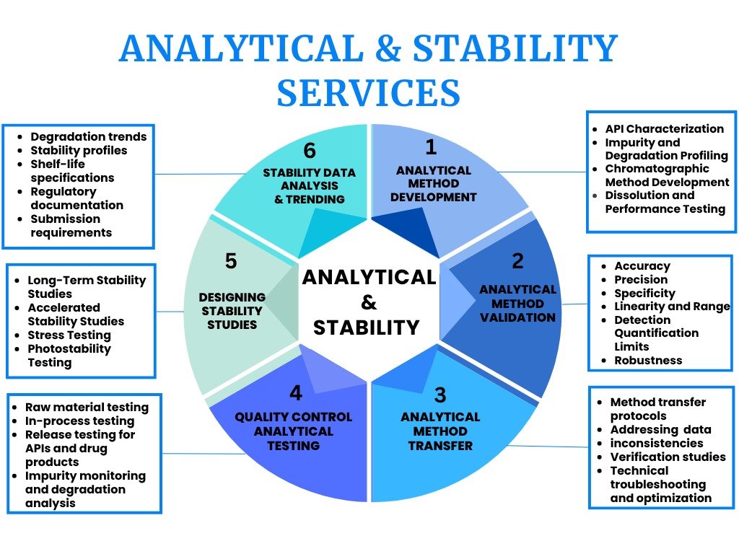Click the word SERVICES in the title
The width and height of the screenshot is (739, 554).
(368, 92)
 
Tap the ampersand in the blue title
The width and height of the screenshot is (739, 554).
(388, 48)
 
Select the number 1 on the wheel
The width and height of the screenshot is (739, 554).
(431, 147)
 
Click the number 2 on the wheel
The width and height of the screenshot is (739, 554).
(517, 261)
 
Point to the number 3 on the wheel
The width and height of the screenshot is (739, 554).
(440, 395)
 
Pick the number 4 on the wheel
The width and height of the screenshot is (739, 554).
(296, 392)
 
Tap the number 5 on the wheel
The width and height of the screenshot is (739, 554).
(231, 260)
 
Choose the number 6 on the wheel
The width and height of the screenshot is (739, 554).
(309, 151)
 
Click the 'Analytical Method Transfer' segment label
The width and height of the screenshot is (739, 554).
(440, 431)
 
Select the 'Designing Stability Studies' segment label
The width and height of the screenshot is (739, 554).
(232, 311)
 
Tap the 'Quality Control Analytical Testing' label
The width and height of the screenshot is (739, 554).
(293, 431)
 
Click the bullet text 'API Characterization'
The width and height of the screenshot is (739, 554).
(665, 128)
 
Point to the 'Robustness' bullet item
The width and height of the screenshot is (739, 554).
(648, 361)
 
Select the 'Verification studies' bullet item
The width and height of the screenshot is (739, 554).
(668, 457)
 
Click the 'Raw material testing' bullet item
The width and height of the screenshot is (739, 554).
(87, 407)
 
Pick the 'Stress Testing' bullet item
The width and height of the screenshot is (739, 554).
(69, 335)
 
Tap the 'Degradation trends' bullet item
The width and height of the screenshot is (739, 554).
(89, 136)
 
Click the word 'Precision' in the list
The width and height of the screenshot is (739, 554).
(641, 279)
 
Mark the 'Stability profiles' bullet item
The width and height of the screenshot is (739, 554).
(79, 150)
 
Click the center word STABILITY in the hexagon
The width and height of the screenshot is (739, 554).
(366, 327)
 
